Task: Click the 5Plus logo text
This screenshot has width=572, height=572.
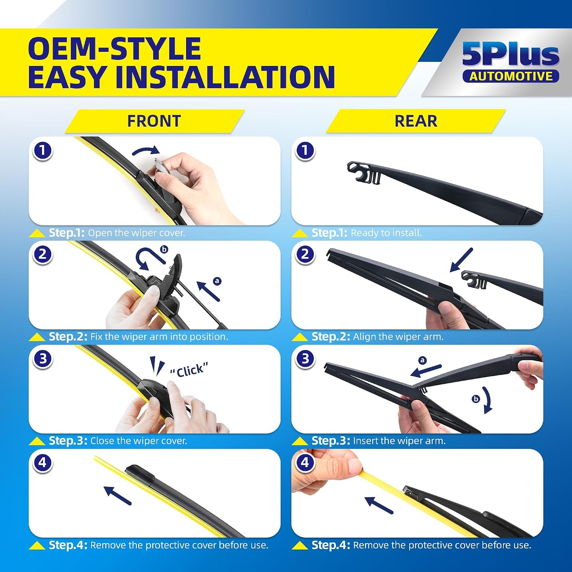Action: coord(511,54)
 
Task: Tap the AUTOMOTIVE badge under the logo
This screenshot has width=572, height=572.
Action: coord(511,76)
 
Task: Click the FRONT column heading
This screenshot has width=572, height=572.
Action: coord(154,121)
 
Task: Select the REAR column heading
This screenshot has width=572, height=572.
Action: coord(416,121)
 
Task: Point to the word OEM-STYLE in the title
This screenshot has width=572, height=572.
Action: coord(114,48)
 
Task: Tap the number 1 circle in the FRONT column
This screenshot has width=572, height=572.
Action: coord(42,151)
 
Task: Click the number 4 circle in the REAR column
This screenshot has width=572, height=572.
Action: coord(305,463)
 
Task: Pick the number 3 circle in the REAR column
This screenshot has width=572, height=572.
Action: coord(305,358)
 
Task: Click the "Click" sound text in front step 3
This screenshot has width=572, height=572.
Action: coord(189,370)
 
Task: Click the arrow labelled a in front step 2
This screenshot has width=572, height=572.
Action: coord(208,291)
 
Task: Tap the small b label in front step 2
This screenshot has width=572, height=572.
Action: coord(164,249)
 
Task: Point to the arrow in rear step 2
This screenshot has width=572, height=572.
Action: coord(461,260)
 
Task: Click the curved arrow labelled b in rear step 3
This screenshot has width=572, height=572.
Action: coord(487,400)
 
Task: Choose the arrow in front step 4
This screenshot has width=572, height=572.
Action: coord(117,495)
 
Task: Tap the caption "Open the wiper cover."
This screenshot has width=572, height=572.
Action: coord(137,233)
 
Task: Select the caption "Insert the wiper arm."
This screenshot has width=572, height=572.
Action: coord(399,441)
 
